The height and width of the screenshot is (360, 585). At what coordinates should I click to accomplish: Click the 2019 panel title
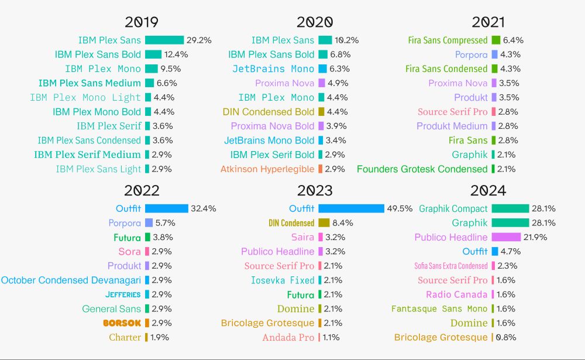tap(142, 22)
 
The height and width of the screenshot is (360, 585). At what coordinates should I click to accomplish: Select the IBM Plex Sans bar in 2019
tap(164, 40)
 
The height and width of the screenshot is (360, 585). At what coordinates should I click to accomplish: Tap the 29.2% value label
tap(199, 40)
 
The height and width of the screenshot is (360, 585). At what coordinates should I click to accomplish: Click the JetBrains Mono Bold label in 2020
tap(269, 140)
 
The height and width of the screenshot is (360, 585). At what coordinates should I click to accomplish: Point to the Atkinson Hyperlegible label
tap(267, 169)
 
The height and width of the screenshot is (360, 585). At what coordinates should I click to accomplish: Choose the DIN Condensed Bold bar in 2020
tap(321, 112)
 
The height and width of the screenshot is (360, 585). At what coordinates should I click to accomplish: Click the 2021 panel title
tap(488, 22)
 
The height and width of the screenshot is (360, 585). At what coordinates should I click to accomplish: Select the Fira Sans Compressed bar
tap(495, 40)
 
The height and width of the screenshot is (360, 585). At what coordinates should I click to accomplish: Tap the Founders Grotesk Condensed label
tap(422, 169)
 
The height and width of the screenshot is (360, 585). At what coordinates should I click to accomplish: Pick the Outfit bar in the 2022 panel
tap(167, 208)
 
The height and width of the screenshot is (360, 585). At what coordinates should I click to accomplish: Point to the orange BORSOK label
tap(122, 323)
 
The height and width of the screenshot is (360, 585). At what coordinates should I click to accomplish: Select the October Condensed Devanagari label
tap(71, 280)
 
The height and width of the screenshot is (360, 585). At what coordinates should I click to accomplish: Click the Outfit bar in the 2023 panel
tap(351, 208)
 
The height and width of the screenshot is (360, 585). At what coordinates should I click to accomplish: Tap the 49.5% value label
tap(400, 208)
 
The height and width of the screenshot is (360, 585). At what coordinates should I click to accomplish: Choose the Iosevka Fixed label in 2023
tap(283, 280)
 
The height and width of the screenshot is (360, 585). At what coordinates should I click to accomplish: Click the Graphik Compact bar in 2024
tap(510, 208)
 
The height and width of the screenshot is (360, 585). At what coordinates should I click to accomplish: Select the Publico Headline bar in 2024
tap(506, 237)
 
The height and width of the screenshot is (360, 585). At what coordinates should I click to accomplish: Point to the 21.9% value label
tap(536, 237)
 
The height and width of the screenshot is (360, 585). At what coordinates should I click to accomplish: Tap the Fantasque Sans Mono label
tap(439, 309)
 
